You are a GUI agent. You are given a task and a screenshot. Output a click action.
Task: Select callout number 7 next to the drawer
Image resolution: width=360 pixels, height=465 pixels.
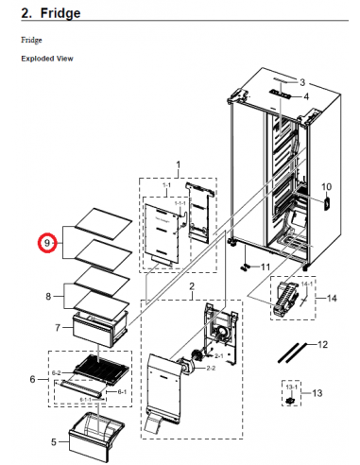pyautogui.click(x=58, y=328)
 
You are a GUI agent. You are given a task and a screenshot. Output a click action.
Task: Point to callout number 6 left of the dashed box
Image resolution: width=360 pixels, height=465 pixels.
pyautogui.click(x=32, y=379)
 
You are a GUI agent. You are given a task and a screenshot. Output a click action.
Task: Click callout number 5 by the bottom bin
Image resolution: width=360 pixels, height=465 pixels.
pyautogui.click(x=53, y=440)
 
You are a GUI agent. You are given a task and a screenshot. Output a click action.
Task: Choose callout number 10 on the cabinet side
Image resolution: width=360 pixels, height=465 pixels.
pyautogui.click(x=328, y=187)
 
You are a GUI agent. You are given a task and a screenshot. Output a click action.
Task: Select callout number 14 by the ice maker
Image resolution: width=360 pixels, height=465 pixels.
pyautogui.click(x=331, y=298)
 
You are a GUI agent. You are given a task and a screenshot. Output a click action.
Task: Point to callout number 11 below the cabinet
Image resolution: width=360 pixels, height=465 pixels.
pyautogui.click(x=265, y=267)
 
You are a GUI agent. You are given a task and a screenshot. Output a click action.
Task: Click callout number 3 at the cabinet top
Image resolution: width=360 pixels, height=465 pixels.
pyautogui.click(x=303, y=82)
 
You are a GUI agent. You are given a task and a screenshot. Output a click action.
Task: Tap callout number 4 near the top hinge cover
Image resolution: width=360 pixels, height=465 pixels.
pyautogui.click(x=305, y=96)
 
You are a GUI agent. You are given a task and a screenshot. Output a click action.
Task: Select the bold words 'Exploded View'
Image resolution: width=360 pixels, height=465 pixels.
pyautogui.click(x=47, y=59)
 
